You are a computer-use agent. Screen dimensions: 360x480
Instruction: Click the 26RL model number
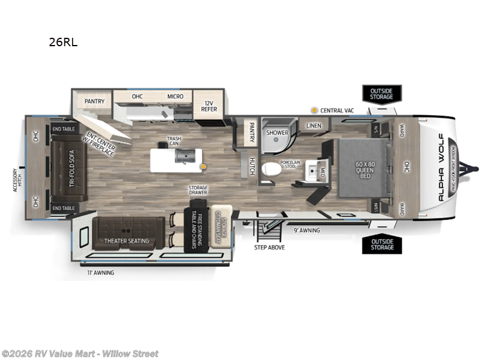pos(63,42)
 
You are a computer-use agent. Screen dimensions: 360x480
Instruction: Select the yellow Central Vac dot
pos(314,110)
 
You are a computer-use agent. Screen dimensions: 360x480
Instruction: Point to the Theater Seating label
pos(127,241)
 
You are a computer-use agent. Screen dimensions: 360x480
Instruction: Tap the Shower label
pos(277,133)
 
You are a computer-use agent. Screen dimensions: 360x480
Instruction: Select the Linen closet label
pos(314,126)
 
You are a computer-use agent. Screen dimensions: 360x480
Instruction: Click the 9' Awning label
pos(306,230)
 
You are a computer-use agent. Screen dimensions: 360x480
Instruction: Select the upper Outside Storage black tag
pos(381,94)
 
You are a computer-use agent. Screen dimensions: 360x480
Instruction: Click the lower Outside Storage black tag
pos(382,244)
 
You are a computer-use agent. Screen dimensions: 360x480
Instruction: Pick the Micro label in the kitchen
pos(175,96)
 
